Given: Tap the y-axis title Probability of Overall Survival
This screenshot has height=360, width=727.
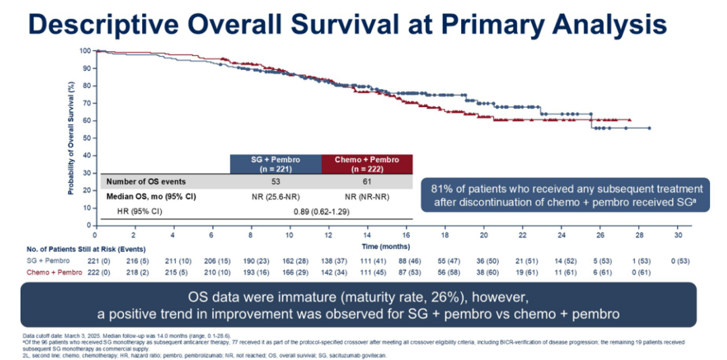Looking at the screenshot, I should pyautogui.click(x=70, y=138).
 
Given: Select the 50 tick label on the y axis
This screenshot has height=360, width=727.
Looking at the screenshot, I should pyautogui.click(x=87, y=138).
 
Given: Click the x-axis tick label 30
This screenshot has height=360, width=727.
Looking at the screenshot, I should pyautogui.click(x=679, y=235).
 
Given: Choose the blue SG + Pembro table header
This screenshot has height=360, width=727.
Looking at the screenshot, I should pyautogui.click(x=275, y=164).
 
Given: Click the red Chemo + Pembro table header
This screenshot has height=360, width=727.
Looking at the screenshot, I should pyautogui.click(x=367, y=164).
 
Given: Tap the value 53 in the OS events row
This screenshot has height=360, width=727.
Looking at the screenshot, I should pyautogui.click(x=275, y=182).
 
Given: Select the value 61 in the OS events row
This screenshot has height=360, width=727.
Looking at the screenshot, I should pyautogui.click(x=367, y=182).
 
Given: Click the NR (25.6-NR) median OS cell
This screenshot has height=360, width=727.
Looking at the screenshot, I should pyautogui.click(x=275, y=196).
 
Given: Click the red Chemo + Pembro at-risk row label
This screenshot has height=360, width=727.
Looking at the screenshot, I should pyautogui.click(x=55, y=272).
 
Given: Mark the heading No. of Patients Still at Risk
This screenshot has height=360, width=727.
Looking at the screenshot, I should pyautogui.click(x=73, y=248).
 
